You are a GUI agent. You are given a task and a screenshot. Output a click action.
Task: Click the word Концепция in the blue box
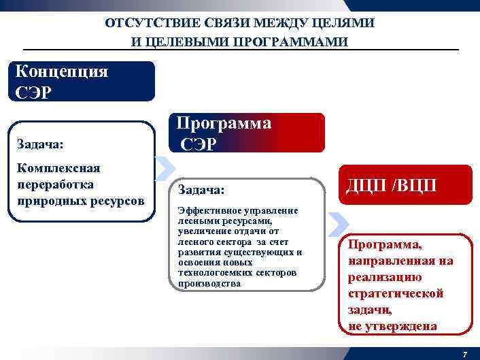pyautogui.click(x=61, y=71)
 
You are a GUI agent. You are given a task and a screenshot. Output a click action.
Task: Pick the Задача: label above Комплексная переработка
pyautogui.click(x=39, y=144)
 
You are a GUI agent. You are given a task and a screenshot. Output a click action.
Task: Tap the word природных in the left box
pyautogui.click(x=48, y=201)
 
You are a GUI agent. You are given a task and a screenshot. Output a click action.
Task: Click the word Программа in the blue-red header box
pyautogui.click(x=224, y=123)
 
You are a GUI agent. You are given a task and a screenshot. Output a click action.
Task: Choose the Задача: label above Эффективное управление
pyautogui.click(x=201, y=188)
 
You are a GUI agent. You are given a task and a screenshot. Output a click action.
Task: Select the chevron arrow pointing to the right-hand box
pyautogui.click(x=337, y=222)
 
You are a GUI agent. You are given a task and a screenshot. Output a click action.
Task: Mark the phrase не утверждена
pyautogui.click(x=392, y=326)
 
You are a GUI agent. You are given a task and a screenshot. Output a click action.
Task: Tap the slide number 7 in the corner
pyautogui.click(x=464, y=355)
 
